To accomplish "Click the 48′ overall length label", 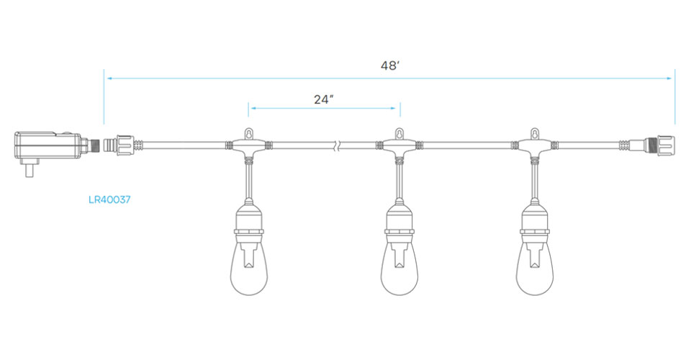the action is click(389, 66).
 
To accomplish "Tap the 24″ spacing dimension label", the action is click(323, 99).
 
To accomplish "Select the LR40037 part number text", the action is click(109, 199).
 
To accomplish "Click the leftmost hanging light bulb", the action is click(249, 268).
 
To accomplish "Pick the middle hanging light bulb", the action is click(399, 268).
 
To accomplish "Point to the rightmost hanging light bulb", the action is click(535, 268).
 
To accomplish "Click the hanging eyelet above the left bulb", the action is click(249, 133).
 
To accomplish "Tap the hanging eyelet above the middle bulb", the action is click(399, 133).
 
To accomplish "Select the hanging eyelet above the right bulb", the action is click(535, 133).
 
